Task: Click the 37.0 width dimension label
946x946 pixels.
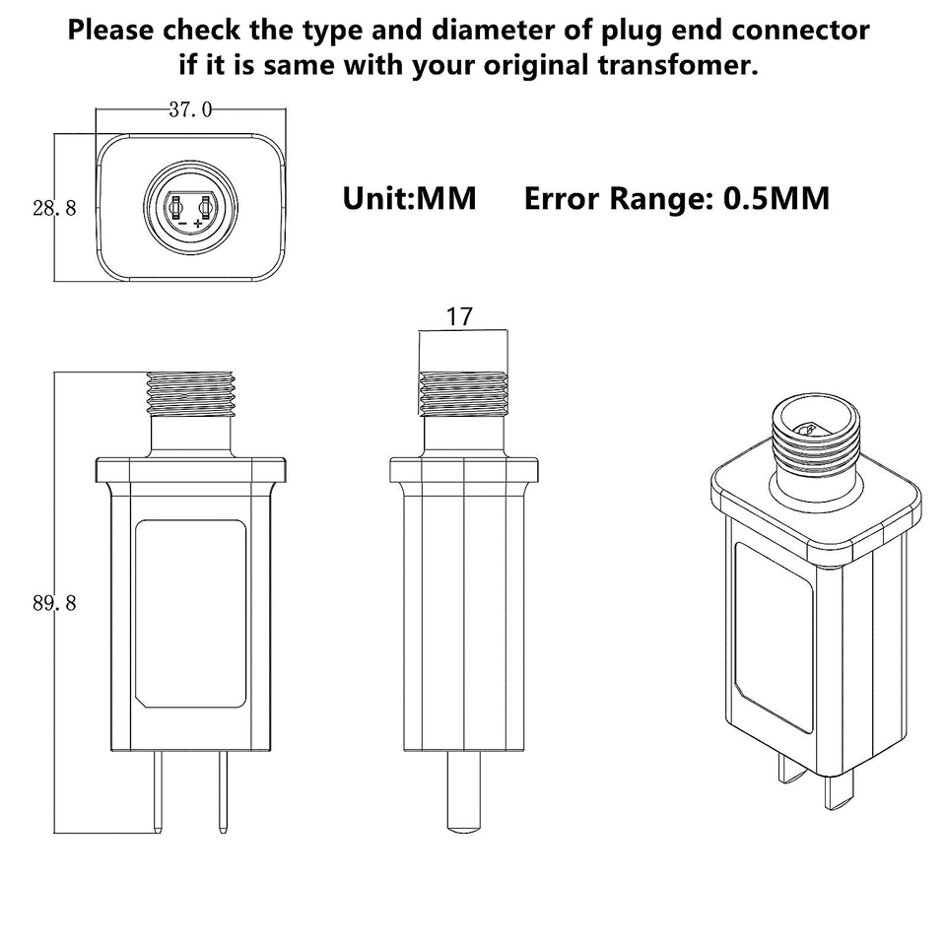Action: pyautogui.click(x=189, y=109)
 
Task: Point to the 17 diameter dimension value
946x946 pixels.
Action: pyautogui.click(x=459, y=316)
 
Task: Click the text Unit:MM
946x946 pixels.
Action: pyautogui.click(x=409, y=198)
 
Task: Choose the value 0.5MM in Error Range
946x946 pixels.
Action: pyautogui.click(x=777, y=198)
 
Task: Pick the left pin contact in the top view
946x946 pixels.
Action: pyautogui.click(x=176, y=208)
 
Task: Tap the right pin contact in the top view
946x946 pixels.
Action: pyautogui.click(x=204, y=208)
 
